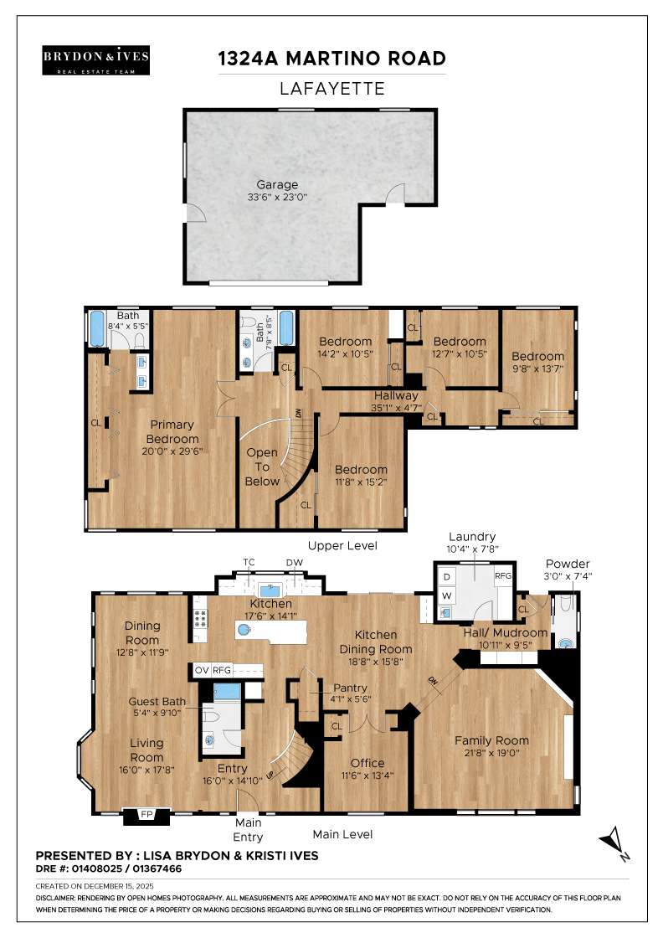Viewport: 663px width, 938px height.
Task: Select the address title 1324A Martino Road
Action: click(x=331, y=59)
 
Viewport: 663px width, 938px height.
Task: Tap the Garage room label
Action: click(x=277, y=185)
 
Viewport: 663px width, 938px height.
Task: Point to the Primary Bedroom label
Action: click(x=172, y=433)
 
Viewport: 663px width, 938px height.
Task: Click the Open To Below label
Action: click(x=261, y=466)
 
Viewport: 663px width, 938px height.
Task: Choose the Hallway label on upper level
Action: click(x=396, y=395)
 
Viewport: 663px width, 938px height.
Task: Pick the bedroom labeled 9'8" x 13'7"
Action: click(x=538, y=356)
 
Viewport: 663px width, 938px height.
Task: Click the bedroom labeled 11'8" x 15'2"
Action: click(x=361, y=470)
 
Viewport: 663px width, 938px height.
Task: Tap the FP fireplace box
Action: click(x=146, y=813)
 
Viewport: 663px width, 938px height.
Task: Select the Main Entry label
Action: click(x=248, y=830)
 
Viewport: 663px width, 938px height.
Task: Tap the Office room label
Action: click(x=367, y=763)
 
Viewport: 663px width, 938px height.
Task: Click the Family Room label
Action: click(x=491, y=740)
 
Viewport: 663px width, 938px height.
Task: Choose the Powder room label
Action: click(x=567, y=563)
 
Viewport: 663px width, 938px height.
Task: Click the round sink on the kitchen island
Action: click(x=244, y=628)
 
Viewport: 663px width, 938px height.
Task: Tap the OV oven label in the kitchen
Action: click(x=202, y=670)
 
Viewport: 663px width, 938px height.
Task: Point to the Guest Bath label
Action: click(x=157, y=702)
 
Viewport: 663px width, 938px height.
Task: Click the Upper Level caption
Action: click(x=342, y=545)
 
